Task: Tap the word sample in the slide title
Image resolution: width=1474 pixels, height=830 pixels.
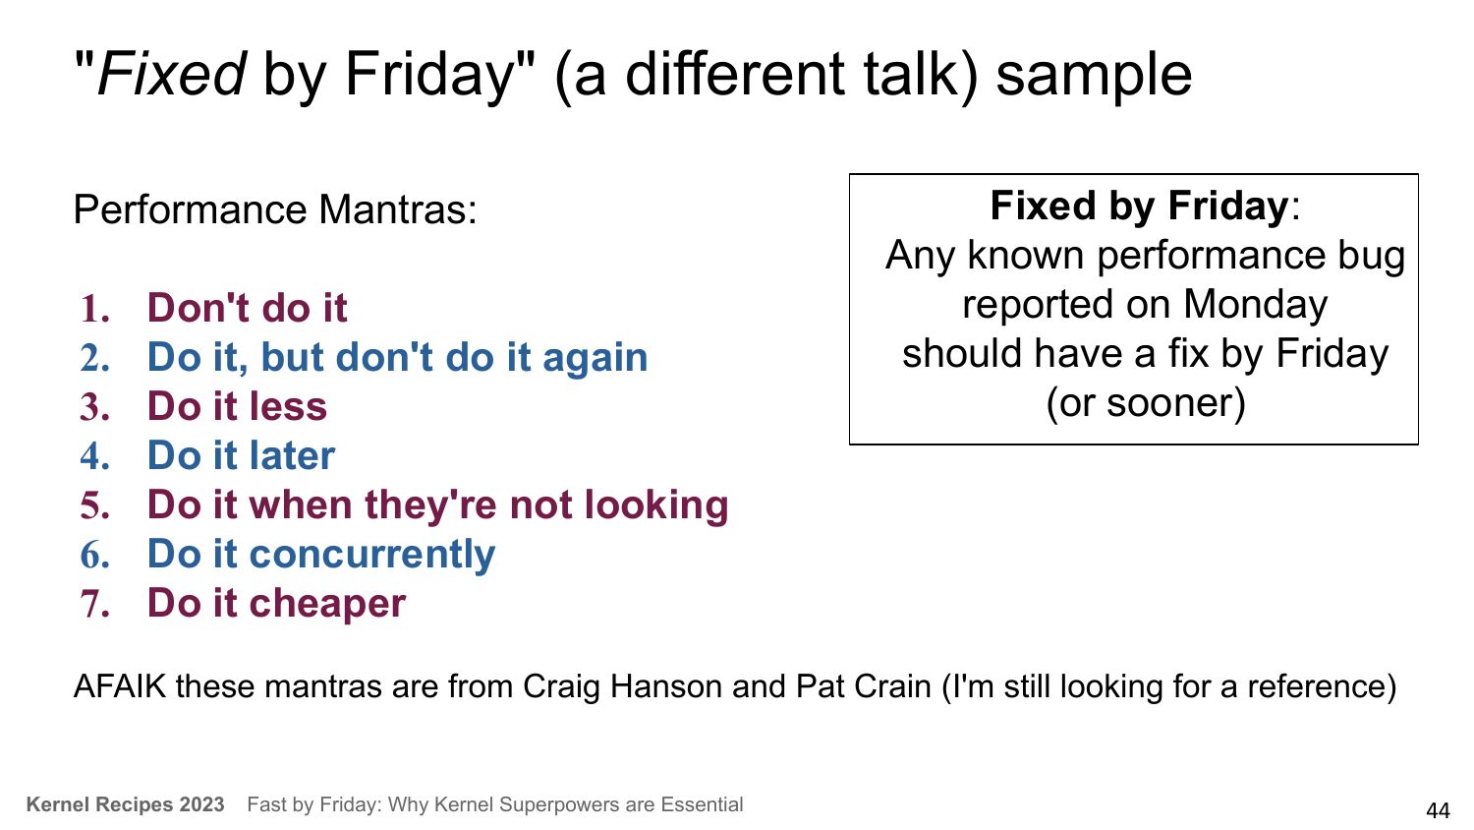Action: pyautogui.click(x=1094, y=77)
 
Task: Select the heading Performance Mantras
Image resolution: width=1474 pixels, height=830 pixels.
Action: pyautogui.click(x=275, y=209)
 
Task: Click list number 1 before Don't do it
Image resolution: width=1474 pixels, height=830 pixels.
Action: pyautogui.click(x=94, y=308)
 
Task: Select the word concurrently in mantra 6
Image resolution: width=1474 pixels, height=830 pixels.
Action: pyautogui.click(x=371, y=556)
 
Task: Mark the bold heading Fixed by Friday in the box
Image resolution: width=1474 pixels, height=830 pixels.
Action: pyautogui.click(x=1139, y=207)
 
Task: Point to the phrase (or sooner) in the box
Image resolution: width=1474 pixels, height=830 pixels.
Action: pyautogui.click(x=1146, y=402)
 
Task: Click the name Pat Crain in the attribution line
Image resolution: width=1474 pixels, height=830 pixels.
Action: pyautogui.click(x=864, y=686)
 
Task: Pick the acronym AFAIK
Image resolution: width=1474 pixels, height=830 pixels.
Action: pyautogui.click(x=120, y=686)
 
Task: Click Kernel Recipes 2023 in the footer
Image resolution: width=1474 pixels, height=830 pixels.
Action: pyautogui.click(x=125, y=804)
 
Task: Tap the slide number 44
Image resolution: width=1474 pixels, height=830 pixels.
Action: pyautogui.click(x=1438, y=810)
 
